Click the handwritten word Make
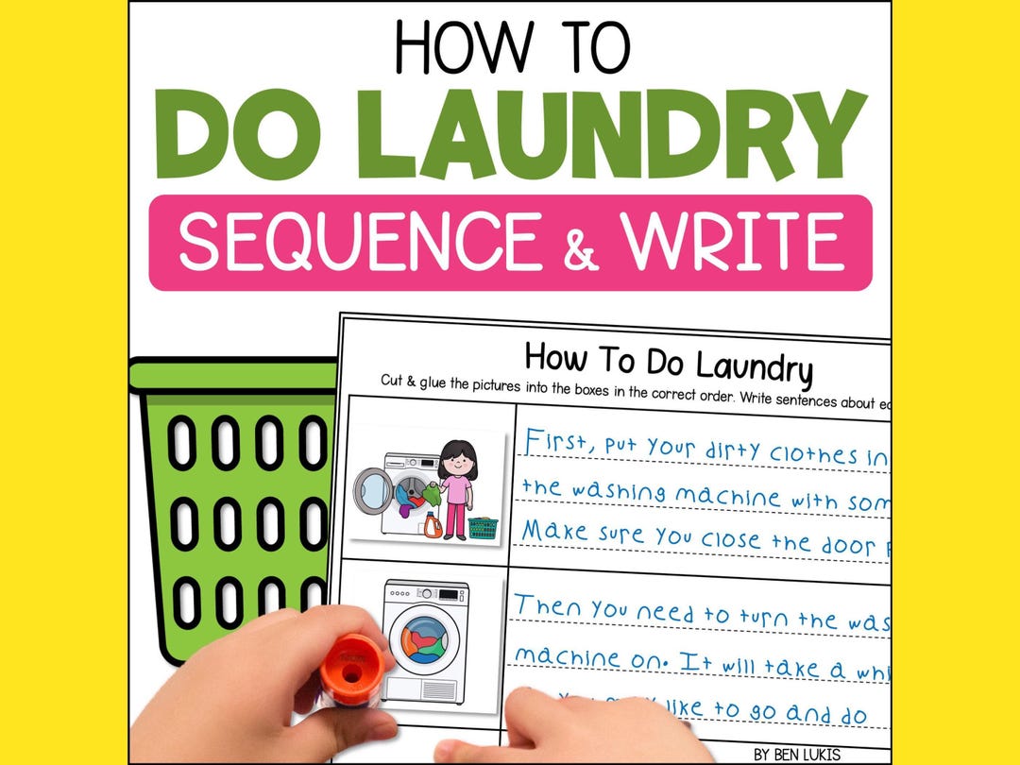click(554, 531)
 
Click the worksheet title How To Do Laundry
click(668, 363)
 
